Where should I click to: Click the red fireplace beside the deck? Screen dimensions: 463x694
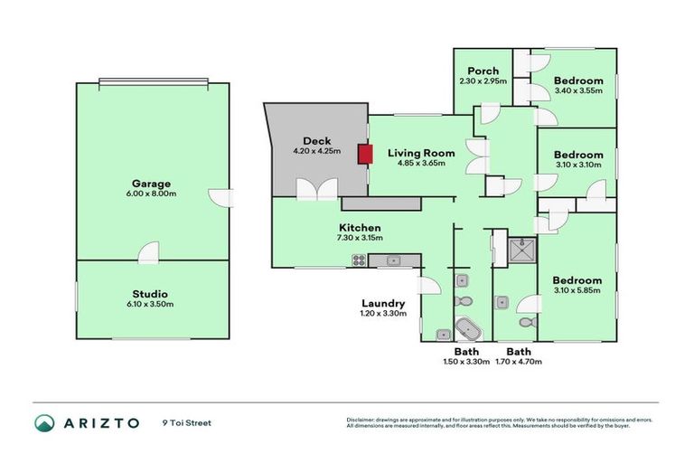364,155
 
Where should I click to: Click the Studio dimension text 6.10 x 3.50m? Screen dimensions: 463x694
149,304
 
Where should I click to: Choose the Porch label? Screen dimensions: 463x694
483,71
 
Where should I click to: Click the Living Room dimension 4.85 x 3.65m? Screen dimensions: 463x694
417,164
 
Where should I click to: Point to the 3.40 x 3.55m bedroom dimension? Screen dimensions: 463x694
577,90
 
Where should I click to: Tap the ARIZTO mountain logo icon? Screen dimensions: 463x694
44,422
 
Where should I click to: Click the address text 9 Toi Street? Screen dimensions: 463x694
187,422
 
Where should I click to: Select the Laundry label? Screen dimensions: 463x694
383,304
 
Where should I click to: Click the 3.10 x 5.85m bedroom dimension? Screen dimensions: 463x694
577,291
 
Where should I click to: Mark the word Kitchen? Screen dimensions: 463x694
360,227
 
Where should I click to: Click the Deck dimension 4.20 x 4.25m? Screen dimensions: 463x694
316,151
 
